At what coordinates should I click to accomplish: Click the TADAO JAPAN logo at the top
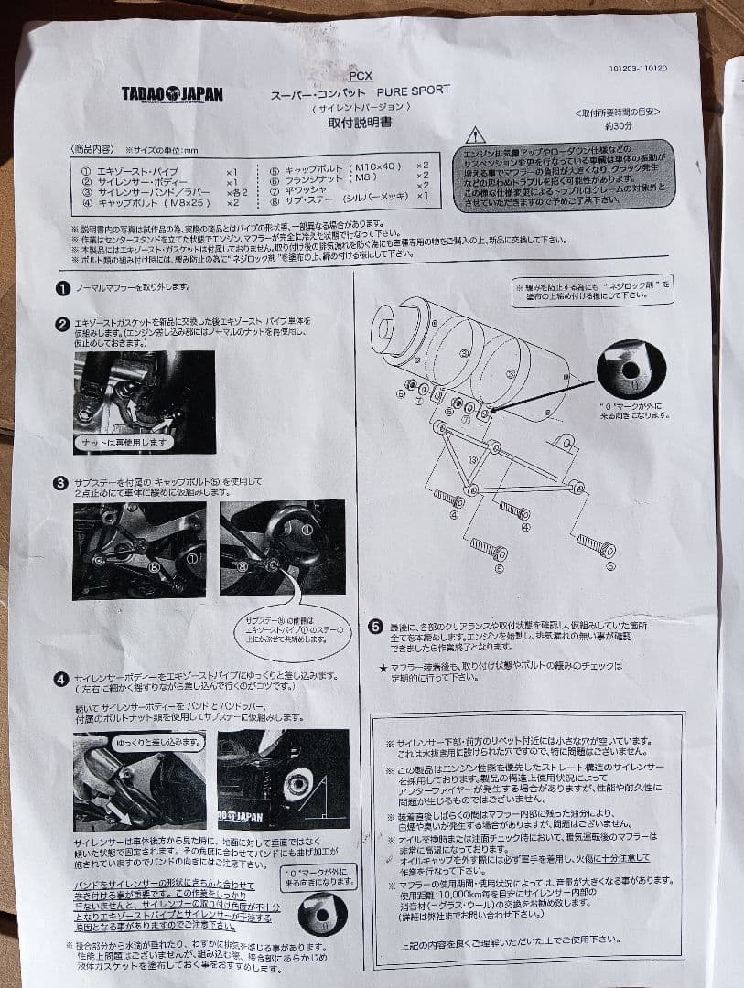(x=172, y=93)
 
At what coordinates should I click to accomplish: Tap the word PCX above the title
(x=361, y=78)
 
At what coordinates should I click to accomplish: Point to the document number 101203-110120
(x=638, y=69)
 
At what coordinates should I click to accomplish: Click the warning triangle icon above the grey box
(x=475, y=135)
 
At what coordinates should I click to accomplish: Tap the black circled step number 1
(x=62, y=287)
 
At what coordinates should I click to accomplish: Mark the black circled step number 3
(x=61, y=482)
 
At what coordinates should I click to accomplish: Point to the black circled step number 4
(x=60, y=679)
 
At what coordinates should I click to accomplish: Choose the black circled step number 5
(x=375, y=627)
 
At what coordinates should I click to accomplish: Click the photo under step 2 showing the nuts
(x=144, y=402)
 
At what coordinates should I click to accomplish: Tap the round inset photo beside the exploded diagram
(x=631, y=368)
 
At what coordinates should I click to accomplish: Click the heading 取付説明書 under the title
(x=360, y=123)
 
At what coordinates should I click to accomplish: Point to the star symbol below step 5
(x=383, y=668)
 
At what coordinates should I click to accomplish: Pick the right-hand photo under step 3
(x=282, y=549)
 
